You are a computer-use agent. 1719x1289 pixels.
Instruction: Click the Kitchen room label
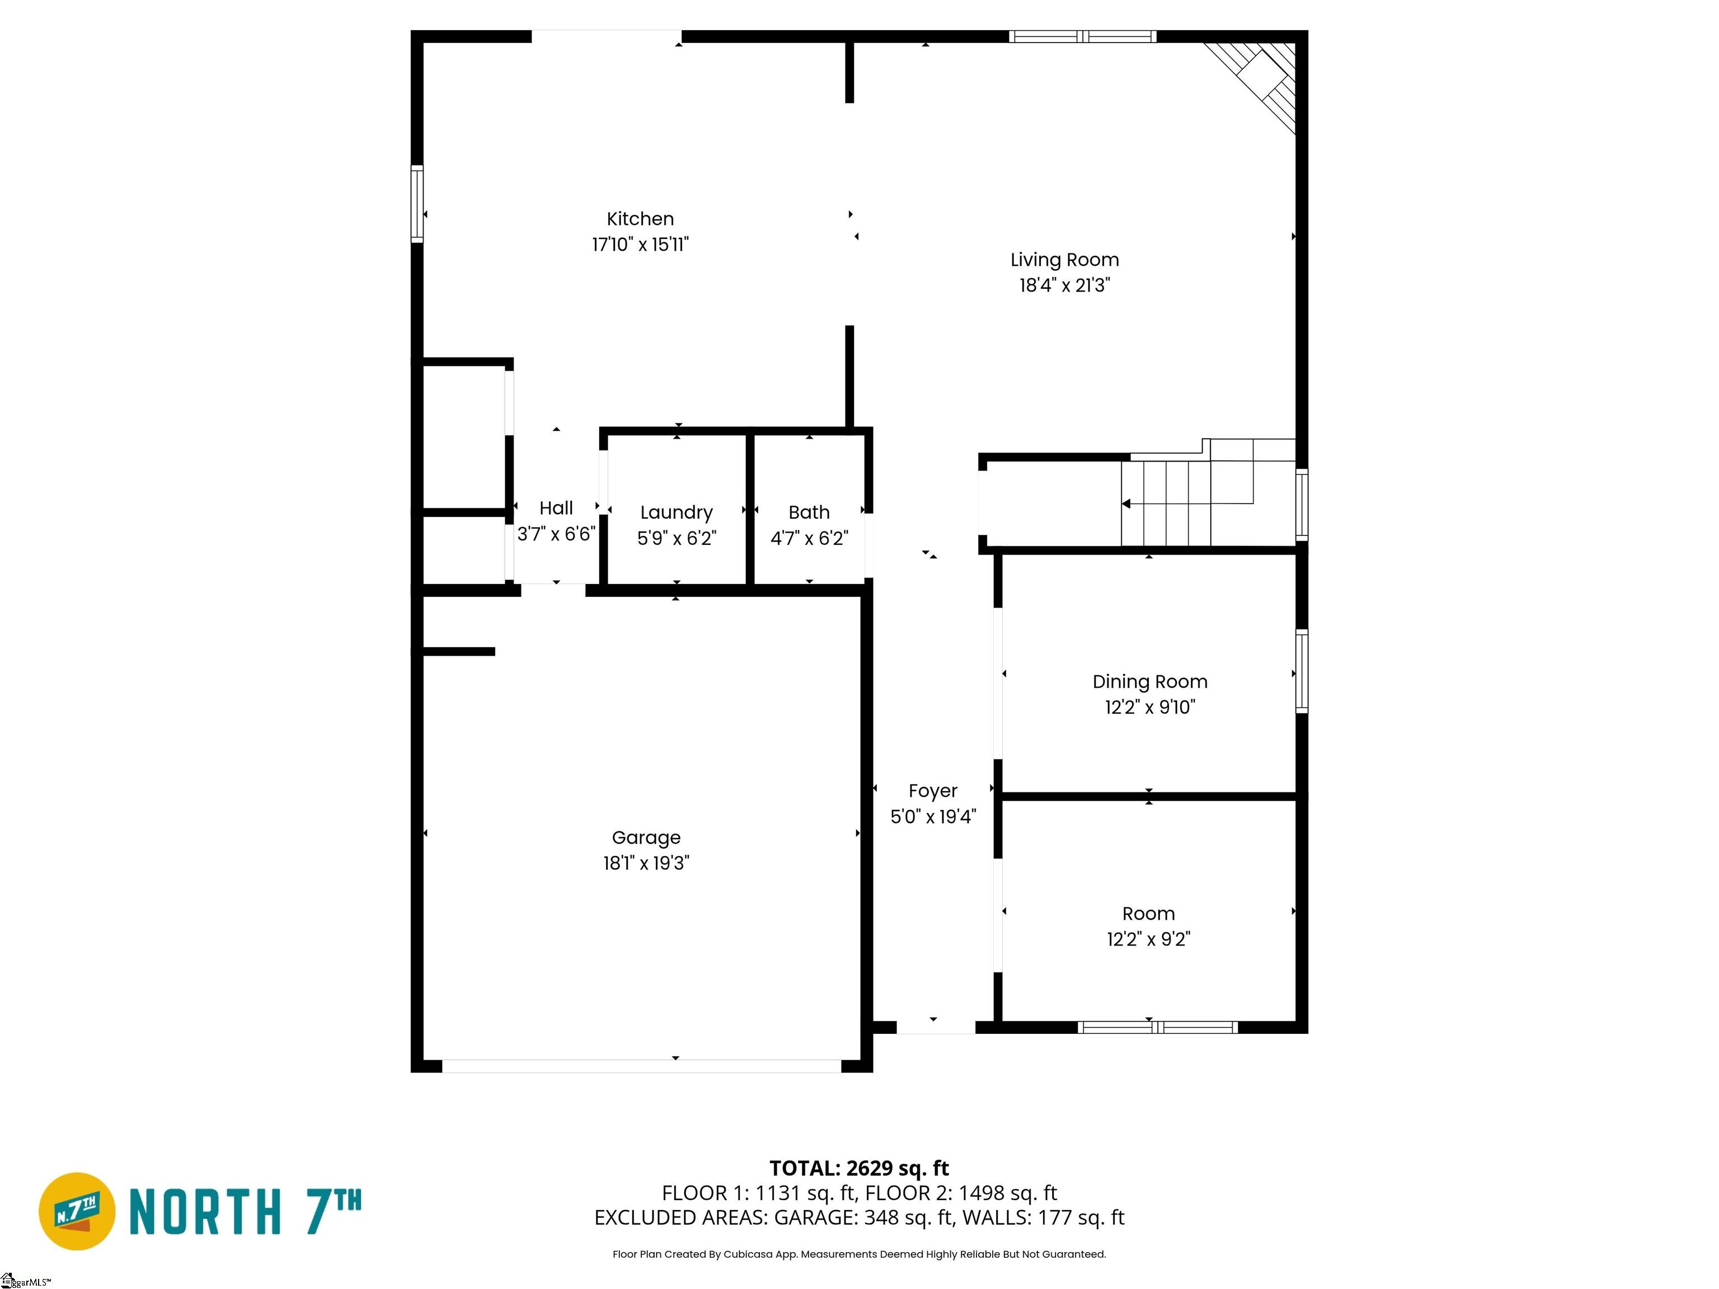(640, 219)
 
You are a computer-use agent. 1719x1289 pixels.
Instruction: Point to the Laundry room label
(676, 513)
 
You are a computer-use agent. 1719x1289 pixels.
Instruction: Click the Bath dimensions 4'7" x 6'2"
(809, 538)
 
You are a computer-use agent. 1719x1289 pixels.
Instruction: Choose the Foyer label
(933, 792)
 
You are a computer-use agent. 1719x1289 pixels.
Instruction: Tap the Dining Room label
(1149, 682)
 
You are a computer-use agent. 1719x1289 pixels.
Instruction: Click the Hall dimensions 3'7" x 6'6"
(556, 534)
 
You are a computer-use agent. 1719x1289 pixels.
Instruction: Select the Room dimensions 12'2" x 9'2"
(1149, 939)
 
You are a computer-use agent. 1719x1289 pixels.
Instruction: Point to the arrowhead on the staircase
(1126, 504)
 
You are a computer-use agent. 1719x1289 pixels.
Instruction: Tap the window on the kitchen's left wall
(417, 204)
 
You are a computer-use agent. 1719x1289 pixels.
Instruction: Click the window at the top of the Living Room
(1083, 36)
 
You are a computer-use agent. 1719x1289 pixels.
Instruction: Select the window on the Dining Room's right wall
(1302, 671)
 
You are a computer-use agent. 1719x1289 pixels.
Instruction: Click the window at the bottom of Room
(1157, 1027)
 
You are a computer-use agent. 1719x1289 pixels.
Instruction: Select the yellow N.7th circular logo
(77, 1211)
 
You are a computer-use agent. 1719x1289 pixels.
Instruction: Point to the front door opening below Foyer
(936, 1027)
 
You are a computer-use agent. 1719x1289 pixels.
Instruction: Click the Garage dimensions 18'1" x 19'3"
(646, 863)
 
